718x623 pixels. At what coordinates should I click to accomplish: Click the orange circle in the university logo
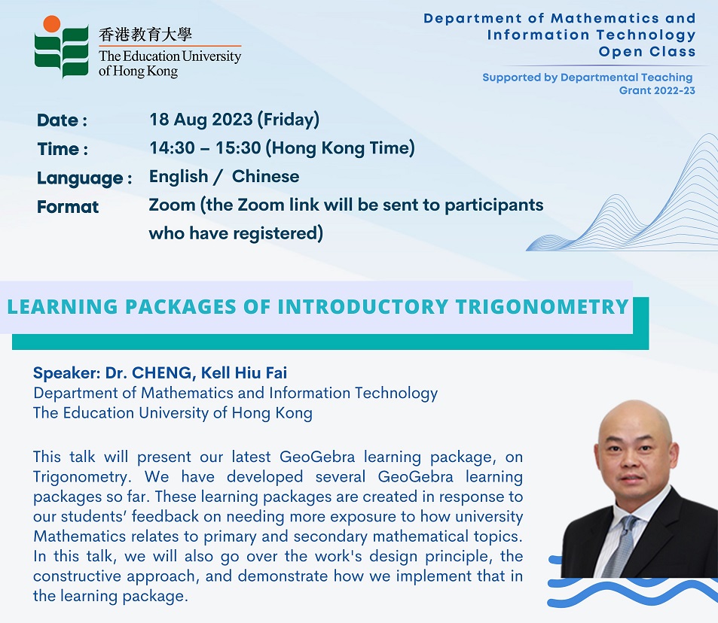52,24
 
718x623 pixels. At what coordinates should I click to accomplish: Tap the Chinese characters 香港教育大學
145,35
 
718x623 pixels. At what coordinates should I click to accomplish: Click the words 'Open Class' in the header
647,52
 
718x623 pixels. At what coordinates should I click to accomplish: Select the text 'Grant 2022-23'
657,90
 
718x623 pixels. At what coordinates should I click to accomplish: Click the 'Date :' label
62,120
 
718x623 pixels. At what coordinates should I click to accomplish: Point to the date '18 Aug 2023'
201,120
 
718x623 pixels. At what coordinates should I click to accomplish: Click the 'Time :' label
63,149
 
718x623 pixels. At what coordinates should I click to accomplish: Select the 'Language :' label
84,178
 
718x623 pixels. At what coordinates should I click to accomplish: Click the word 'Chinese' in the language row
266,177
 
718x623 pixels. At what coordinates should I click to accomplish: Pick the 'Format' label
68,207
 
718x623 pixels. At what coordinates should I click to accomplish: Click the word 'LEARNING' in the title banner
63,307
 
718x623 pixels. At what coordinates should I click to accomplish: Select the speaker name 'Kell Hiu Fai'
244,372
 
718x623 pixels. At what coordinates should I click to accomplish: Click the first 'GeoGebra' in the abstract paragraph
317,457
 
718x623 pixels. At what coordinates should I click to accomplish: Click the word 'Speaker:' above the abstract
67,373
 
